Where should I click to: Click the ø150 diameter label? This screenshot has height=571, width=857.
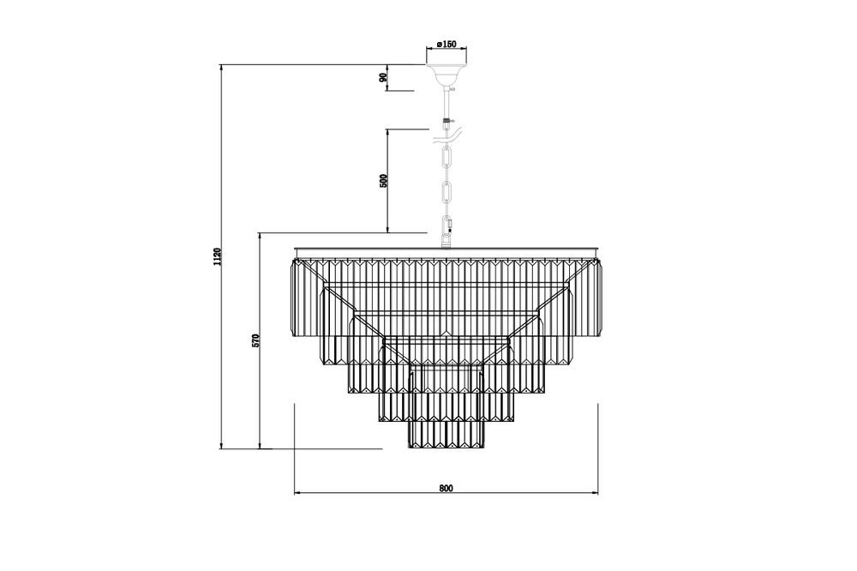click(x=446, y=44)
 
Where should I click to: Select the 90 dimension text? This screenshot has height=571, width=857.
click(x=384, y=78)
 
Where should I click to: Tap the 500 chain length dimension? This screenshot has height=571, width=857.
click(x=384, y=181)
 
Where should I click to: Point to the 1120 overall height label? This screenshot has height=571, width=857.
click(x=218, y=256)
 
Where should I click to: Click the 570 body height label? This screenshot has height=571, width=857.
click(x=256, y=340)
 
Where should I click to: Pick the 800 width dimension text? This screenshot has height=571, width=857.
click(x=446, y=488)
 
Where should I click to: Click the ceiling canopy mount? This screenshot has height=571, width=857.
click(x=446, y=75)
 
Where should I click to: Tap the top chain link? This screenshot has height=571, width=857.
click(x=446, y=158)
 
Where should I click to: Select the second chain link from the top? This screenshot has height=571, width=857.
click(x=446, y=192)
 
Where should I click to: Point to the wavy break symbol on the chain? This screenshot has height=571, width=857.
click(x=447, y=135)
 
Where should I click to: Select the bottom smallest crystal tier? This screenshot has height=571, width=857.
click(x=446, y=435)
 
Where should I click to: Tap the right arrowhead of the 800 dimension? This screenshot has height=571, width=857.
click(x=595, y=493)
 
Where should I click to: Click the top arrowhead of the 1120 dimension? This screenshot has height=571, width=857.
click(x=221, y=68)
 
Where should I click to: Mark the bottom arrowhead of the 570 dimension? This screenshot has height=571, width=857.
click(x=261, y=446)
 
